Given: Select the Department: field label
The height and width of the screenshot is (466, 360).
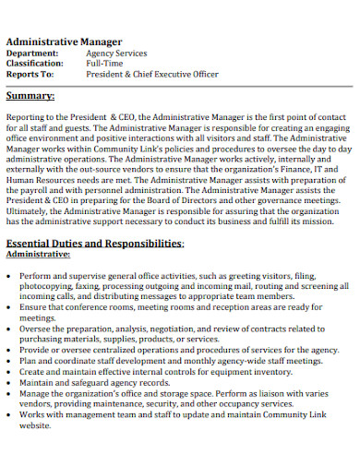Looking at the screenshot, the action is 34,54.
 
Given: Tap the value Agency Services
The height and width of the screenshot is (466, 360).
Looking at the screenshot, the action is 115,54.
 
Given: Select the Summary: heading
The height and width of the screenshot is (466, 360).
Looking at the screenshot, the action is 30,95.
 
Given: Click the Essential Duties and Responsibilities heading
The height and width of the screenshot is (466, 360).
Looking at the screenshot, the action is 94,243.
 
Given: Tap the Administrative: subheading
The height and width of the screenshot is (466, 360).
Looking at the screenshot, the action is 38,255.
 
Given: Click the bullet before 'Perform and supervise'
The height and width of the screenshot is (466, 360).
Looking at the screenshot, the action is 10,276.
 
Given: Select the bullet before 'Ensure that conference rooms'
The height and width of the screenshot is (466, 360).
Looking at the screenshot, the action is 10,307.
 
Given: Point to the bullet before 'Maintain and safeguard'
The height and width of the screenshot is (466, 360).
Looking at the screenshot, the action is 10,381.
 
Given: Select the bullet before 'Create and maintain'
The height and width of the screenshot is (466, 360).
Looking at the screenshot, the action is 10,370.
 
